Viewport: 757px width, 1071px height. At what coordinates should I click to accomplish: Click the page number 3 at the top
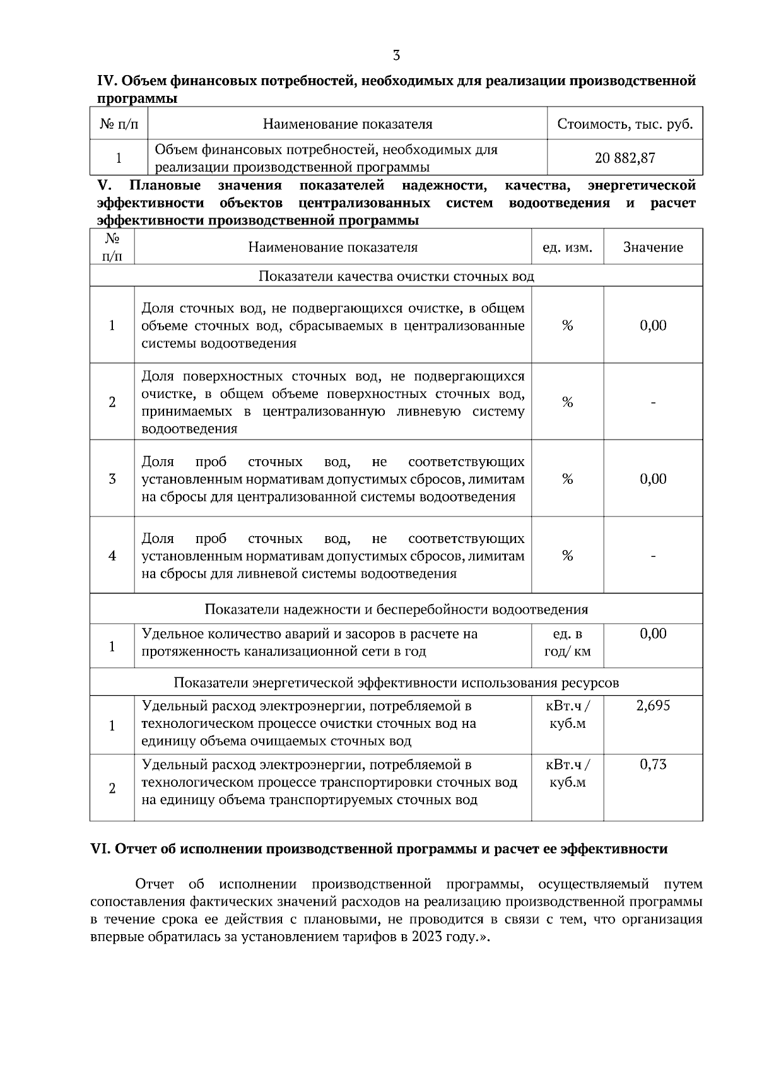click(x=396, y=56)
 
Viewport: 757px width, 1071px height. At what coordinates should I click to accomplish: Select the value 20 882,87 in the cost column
click(x=625, y=158)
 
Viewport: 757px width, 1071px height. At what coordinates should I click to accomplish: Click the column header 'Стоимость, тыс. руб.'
click(x=625, y=124)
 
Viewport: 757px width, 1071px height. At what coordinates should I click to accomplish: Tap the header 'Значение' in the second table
click(x=653, y=247)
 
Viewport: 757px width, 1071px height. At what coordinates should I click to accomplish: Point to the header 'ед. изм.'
click(x=567, y=247)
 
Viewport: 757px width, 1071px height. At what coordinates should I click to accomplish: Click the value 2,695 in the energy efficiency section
click(x=653, y=706)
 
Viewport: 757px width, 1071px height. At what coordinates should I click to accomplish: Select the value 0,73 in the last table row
click(x=653, y=764)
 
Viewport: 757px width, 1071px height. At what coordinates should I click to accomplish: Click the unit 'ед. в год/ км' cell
click(x=567, y=643)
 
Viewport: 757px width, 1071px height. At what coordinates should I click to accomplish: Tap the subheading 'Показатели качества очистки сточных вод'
click(x=396, y=276)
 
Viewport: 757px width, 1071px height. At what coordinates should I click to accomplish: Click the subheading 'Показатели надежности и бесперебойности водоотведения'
click(x=396, y=609)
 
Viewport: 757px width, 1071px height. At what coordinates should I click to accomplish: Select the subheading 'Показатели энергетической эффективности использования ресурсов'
click(x=396, y=682)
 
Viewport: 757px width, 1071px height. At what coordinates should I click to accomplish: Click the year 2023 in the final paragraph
click(x=428, y=937)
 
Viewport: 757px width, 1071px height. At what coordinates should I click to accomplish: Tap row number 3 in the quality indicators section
click(x=112, y=479)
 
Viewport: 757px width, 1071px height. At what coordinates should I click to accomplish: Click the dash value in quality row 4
click(x=653, y=556)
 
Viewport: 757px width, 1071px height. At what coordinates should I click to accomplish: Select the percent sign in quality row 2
click(x=567, y=402)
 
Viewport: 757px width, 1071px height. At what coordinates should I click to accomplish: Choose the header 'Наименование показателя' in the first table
click(x=347, y=124)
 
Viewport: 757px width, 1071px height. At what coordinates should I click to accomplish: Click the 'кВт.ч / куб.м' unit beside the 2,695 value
click(x=567, y=715)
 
